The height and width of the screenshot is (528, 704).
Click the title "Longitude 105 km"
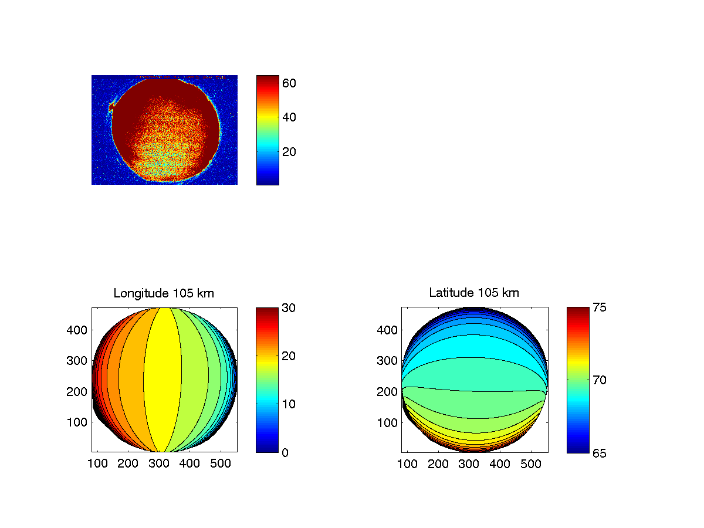point(164,293)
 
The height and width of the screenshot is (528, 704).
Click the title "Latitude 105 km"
point(474,293)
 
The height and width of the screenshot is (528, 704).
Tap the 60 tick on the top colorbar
point(289,83)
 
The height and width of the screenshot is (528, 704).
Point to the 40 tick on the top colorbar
point(289,117)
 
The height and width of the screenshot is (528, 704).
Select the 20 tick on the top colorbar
point(289,152)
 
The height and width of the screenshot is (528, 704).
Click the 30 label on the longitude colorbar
point(289,307)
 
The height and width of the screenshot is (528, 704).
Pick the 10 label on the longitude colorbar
point(289,404)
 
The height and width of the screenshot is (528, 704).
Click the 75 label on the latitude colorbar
point(599,307)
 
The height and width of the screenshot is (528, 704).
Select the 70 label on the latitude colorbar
point(599,380)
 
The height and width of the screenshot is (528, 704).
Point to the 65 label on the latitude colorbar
point(599,452)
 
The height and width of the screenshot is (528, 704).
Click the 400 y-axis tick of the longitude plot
point(79,330)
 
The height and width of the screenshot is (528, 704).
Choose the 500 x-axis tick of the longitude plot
point(221,464)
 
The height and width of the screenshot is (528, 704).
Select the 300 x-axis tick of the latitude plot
point(469,464)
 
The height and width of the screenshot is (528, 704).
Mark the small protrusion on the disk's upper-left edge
point(111,107)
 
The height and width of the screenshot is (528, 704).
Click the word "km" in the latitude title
point(511,293)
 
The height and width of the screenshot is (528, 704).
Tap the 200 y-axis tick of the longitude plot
point(79,391)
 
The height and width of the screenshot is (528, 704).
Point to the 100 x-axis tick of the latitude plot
point(407,464)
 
